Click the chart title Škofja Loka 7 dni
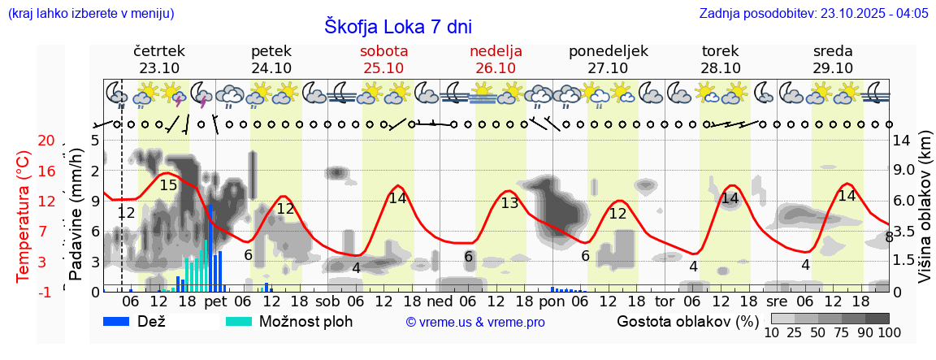[397, 26]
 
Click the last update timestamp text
[813, 13]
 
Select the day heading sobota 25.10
[384, 59]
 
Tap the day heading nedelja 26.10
[496, 59]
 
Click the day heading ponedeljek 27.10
[609, 59]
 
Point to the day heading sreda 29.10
[833, 59]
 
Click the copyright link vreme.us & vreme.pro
[475, 322]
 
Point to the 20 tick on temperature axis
[46, 141]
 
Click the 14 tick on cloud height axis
[902, 141]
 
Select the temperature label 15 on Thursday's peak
[168, 185]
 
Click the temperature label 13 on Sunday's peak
[509, 203]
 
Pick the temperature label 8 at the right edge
[889, 237]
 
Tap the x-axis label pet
[215, 301]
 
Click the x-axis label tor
[665, 301]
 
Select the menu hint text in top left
[90, 13]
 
